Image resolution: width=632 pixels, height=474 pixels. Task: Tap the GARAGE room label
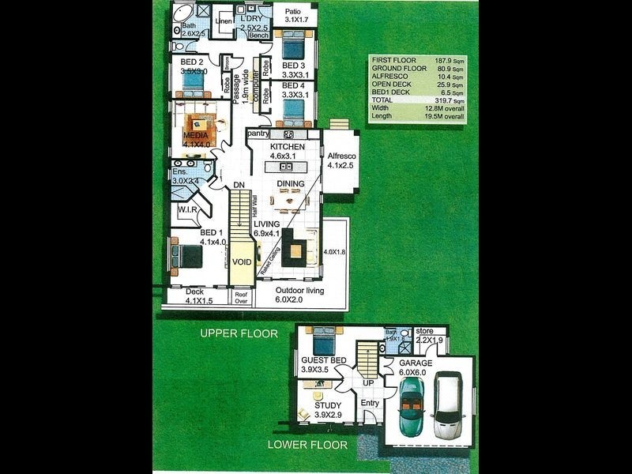click(415, 363)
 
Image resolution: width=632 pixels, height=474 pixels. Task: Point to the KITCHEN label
click(288, 147)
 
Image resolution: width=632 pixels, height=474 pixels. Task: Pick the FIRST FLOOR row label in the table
click(394, 59)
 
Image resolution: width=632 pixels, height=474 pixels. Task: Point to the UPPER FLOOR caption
click(239, 333)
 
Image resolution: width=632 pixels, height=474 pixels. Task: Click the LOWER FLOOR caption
click(307, 445)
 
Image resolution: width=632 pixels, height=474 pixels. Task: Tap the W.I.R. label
click(187, 210)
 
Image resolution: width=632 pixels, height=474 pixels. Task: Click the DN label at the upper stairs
click(239, 186)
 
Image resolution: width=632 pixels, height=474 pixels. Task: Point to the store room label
click(425, 330)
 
